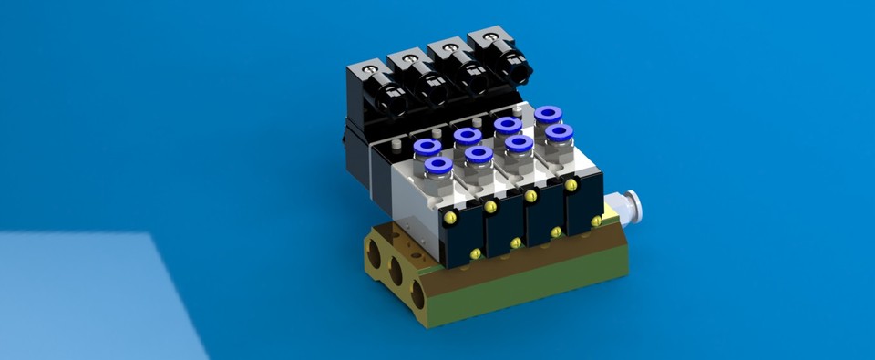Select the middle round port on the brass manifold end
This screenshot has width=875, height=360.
(x=397, y=271)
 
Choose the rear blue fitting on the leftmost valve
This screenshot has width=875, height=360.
(x=427, y=147)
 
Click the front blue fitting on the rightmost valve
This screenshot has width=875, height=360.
(x=559, y=132)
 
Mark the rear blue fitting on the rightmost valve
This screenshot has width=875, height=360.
(x=547, y=114)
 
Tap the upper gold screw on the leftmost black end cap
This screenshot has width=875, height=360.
(x=449, y=219)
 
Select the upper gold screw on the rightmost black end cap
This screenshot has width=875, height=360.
(x=571, y=185)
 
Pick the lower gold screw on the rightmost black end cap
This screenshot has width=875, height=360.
(x=596, y=221)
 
